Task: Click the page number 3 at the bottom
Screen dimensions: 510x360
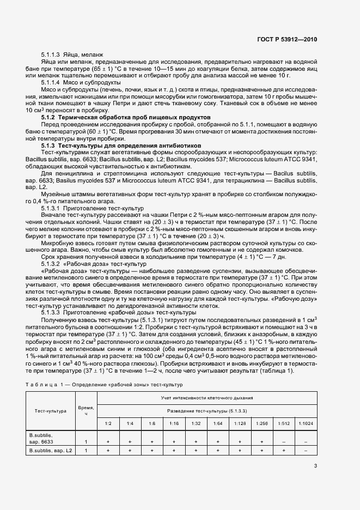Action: pyautogui.click(x=315, y=466)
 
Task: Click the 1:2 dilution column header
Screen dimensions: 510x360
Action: pyautogui.click(x=108, y=423)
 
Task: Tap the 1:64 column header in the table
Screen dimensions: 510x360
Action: pyautogui.click(x=218, y=423)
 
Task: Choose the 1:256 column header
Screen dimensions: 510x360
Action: pyautogui.click(x=261, y=423)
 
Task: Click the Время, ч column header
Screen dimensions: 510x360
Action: pyautogui.click(x=86, y=411)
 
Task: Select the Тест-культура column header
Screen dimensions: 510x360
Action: pyautogui.click(x=51, y=411)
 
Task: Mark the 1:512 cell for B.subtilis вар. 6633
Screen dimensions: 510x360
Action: pyautogui.click(x=284, y=442)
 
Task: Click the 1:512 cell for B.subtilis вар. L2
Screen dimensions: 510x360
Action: pyautogui.click(x=284, y=451)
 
